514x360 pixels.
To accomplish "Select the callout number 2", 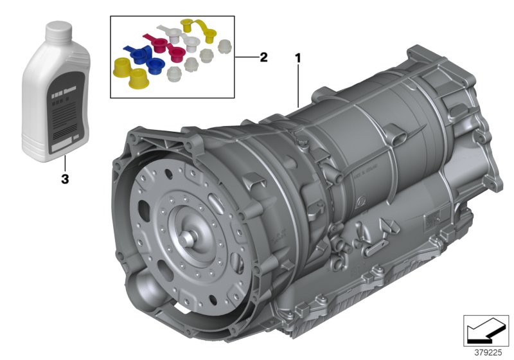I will [x=263, y=57].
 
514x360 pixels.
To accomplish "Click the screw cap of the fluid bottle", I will [x=58, y=29].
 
